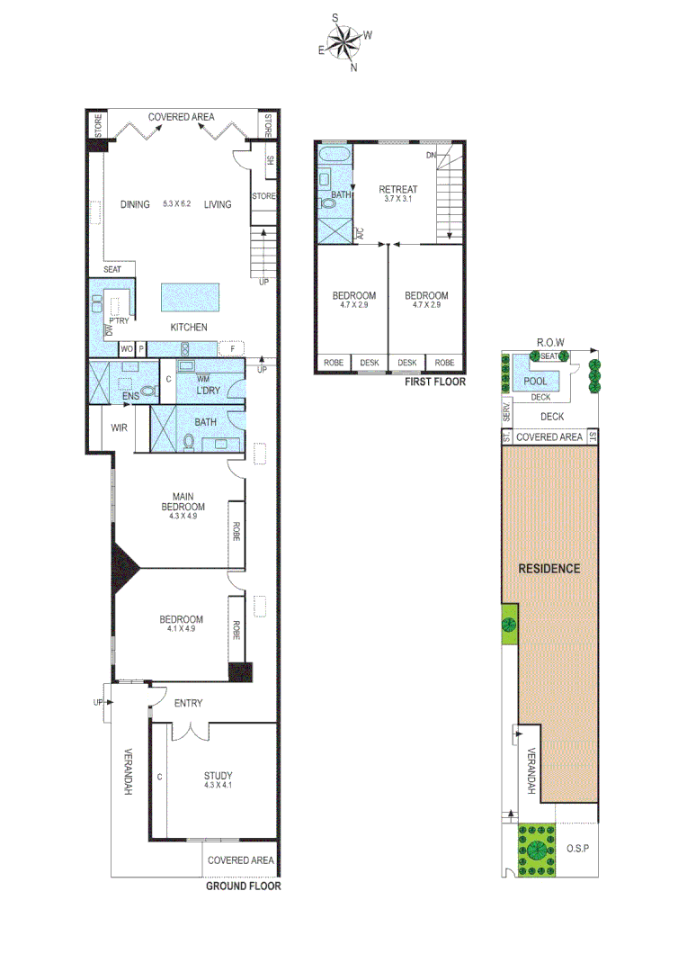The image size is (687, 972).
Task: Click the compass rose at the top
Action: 344,41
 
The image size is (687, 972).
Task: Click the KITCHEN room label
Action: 188,327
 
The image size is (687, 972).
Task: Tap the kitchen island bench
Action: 190,296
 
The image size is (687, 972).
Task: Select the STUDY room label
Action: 218,776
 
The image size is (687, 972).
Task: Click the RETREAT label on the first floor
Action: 397,189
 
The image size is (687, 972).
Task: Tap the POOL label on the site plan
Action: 535,382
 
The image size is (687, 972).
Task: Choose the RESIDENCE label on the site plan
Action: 549,568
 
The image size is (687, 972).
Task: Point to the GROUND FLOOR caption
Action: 244,886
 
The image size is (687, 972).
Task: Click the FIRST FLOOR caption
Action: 436,382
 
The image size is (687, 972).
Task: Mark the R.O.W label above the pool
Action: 549,343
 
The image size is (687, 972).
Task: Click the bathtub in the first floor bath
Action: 336,156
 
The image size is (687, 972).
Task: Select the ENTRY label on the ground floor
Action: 188,703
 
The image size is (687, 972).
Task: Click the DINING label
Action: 135,204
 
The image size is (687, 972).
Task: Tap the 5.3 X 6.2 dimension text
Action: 178,205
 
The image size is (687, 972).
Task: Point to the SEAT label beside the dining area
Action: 112,269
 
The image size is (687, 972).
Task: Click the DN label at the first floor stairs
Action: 431,156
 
